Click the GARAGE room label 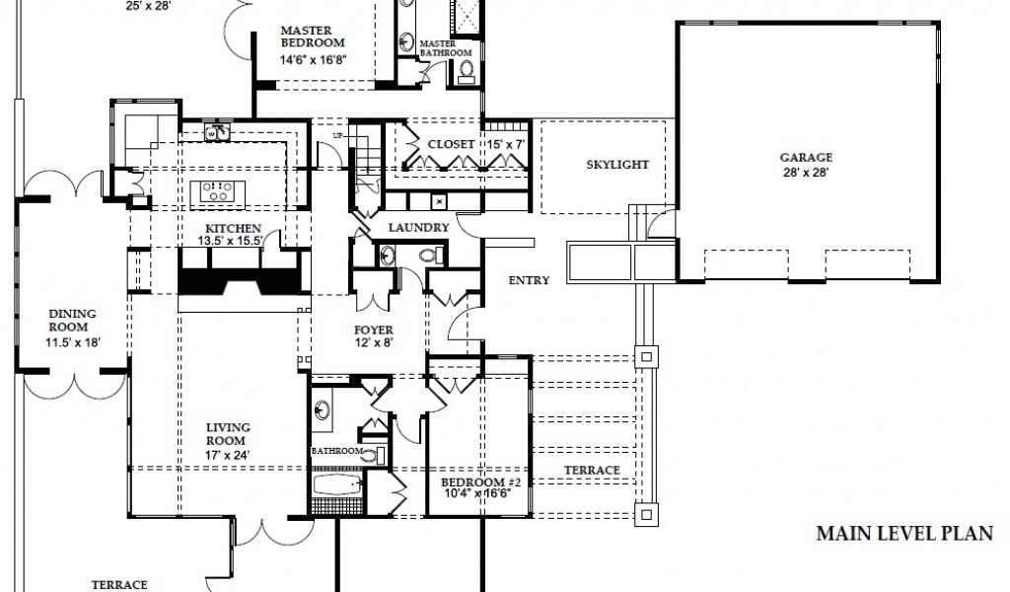[806, 157]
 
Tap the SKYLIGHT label [617, 164]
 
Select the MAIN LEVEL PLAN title [904, 534]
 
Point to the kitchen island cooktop [217, 191]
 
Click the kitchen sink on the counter [218, 132]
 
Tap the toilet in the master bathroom [467, 70]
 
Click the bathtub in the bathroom [337, 485]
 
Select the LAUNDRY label [418, 227]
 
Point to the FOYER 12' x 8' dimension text [374, 342]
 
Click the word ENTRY [529, 280]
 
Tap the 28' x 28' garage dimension [806, 173]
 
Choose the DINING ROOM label [72, 320]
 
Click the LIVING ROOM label [228, 434]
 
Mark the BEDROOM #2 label [480, 482]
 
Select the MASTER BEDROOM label [313, 37]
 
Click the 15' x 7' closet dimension [506, 145]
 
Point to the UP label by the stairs [338, 136]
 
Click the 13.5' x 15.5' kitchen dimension [230, 241]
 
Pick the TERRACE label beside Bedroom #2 [592, 471]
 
